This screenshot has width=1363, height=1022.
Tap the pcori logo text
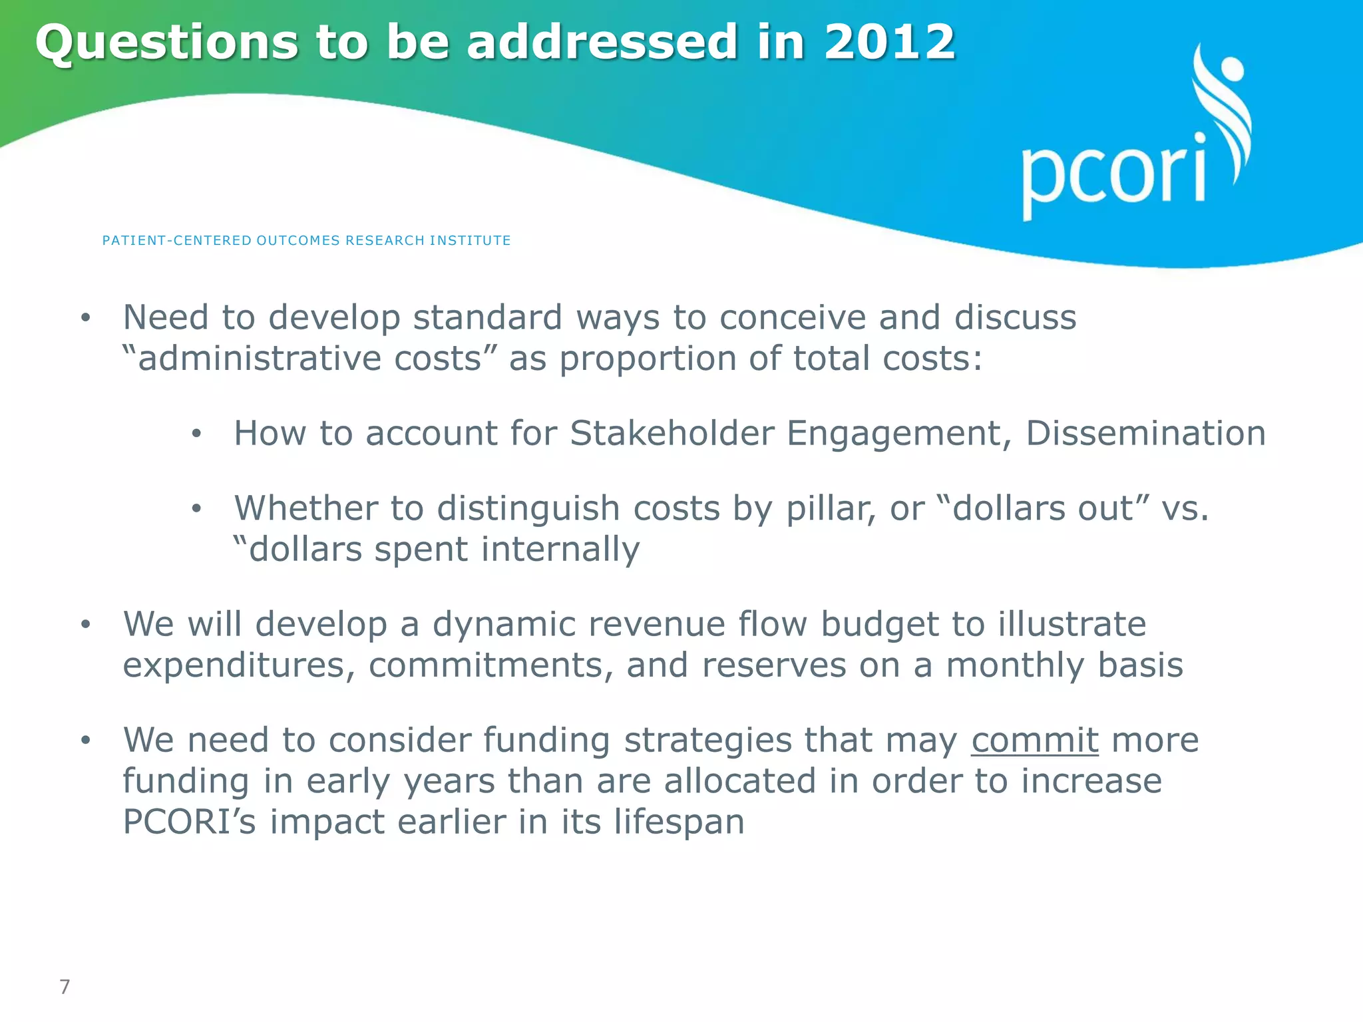coord(1113,174)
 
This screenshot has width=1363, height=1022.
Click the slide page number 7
coord(65,987)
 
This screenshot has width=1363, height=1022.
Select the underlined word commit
coord(1034,740)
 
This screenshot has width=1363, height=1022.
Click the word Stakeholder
coord(672,433)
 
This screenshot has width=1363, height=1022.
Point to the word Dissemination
coord(1145,433)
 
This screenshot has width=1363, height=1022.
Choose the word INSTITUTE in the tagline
coord(470,240)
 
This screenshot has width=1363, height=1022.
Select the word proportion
coord(647,359)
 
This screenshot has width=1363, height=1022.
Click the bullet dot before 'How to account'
coord(196,434)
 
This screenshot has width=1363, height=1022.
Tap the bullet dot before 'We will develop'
coord(85,625)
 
